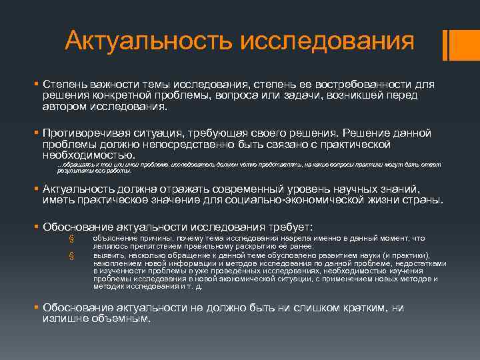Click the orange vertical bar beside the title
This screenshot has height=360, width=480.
click(453, 44)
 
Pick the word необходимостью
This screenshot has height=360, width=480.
click(83, 155)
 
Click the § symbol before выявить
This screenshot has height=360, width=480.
click(71, 255)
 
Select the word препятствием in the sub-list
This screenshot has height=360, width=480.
click(145, 245)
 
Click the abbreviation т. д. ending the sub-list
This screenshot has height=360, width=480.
click(193, 287)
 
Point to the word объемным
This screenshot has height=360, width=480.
click(123, 318)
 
